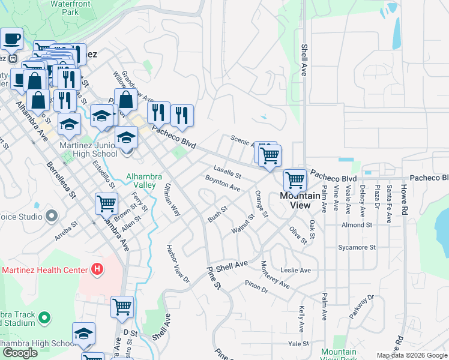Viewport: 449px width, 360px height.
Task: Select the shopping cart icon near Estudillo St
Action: [106, 203]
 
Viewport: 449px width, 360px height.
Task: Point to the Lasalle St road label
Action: [227, 172]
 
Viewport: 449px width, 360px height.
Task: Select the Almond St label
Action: [357, 225]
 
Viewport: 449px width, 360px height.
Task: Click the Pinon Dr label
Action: [256, 287]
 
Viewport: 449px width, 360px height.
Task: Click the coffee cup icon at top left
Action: [11, 40]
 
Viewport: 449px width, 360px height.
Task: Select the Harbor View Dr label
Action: [178, 263]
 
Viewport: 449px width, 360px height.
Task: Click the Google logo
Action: [20, 353]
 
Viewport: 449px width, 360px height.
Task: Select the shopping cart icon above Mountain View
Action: [295, 179]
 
